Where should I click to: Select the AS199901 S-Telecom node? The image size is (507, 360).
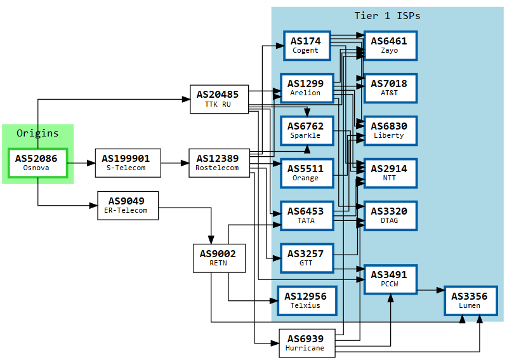128,163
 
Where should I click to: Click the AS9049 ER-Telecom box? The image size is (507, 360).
128,205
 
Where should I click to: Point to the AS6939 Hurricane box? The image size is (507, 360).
306,343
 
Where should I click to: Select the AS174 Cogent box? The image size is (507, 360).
306,45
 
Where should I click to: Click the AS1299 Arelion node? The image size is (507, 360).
306,88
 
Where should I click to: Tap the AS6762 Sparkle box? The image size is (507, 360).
306,130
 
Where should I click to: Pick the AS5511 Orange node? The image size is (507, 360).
306,173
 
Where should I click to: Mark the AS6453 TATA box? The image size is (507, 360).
306,215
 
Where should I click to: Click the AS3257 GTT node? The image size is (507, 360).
306,258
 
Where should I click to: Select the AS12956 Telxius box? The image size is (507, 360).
306,300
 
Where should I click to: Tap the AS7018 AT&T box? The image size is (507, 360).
390,88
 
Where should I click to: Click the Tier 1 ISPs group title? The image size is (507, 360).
387,15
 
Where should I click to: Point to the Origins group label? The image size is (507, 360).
37,133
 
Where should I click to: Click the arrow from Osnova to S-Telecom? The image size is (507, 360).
81,163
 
